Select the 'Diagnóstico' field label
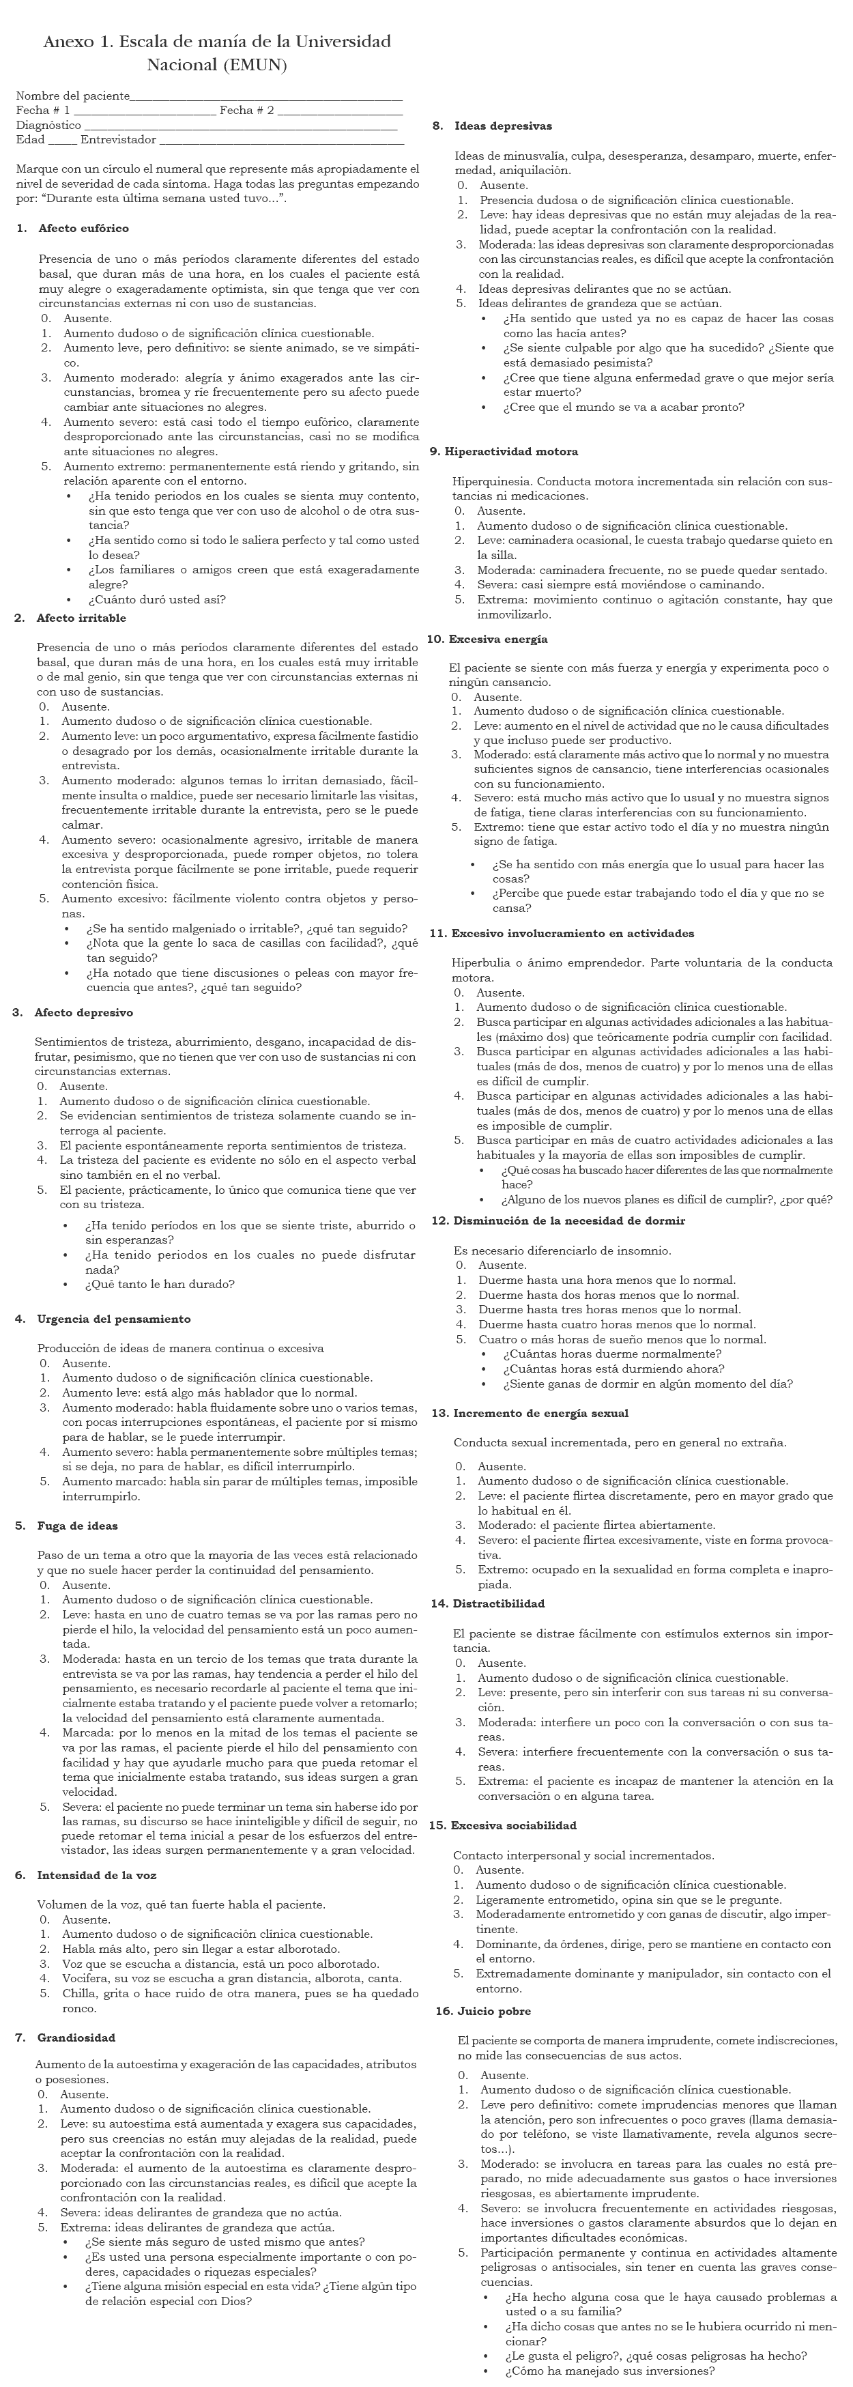click(48, 125)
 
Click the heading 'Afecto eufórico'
click(83, 228)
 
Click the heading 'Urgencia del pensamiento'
click(114, 1319)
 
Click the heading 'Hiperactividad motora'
click(511, 452)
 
